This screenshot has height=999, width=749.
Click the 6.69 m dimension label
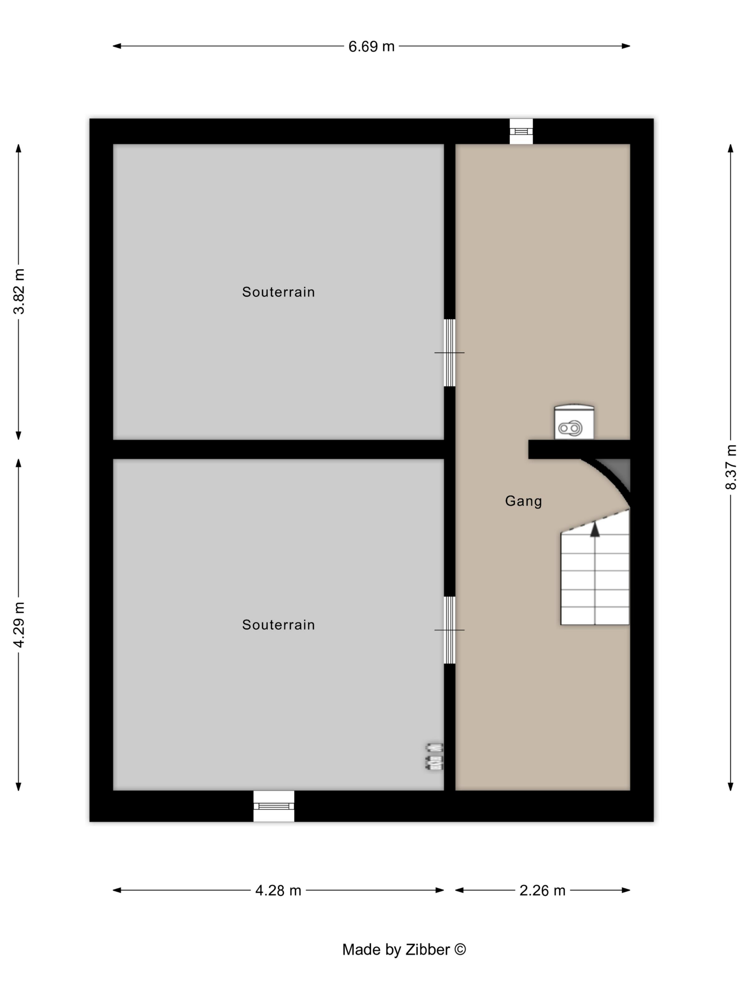coord(371,46)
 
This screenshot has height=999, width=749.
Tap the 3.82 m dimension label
coord(19,291)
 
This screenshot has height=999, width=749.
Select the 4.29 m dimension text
coord(19,625)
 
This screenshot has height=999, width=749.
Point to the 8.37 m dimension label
coord(730,467)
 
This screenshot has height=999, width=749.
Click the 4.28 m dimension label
coord(278,890)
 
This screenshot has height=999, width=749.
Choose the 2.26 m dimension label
coord(542,890)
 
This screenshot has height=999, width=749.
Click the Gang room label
coord(523,501)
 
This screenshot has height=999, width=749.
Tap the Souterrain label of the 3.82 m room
coord(278,292)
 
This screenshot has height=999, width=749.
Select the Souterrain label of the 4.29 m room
coord(278,625)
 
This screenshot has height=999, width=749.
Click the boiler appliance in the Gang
coord(574,422)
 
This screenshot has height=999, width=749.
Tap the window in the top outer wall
coord(521,131)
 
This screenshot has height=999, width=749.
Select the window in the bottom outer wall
coord(274,806)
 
